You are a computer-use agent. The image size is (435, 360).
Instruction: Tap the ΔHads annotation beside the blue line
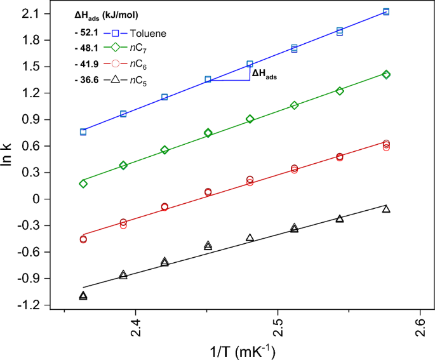coord(267,74)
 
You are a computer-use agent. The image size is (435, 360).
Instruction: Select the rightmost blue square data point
coord(386,12)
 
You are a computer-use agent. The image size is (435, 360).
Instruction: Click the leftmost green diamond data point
coord(83,183)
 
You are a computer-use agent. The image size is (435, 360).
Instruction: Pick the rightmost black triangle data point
coord(386,209)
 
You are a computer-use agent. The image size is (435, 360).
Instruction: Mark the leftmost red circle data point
coord(83,239)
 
